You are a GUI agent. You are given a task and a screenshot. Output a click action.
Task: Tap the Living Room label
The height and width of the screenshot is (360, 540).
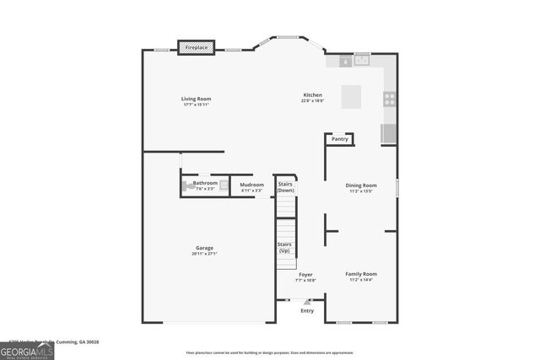[196, 99]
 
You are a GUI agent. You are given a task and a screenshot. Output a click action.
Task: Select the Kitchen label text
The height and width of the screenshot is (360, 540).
[313, 95]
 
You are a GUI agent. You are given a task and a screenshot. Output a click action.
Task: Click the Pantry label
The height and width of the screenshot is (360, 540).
[339, 139]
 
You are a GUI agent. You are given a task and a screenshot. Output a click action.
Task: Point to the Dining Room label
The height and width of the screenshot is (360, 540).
[361, 185]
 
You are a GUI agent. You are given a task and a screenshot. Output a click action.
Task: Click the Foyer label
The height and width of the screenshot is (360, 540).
[305, 274]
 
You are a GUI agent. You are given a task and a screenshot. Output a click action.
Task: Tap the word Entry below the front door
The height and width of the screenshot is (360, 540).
[307, 311]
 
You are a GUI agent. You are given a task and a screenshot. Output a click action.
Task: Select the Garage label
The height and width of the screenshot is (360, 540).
[205, 248]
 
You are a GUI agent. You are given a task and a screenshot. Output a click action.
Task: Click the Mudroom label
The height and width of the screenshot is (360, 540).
[251, 185]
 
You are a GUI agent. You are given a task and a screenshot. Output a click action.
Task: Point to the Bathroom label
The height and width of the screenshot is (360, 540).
[205, 183]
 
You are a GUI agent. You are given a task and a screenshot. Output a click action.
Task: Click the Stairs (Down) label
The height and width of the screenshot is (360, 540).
[286, 186]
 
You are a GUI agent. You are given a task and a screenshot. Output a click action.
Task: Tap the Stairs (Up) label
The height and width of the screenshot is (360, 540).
[284, 247]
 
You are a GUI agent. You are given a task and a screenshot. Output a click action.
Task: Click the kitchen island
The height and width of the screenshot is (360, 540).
[352, 96]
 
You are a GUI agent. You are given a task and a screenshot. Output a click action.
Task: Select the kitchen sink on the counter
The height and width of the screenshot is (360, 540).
[363, 60]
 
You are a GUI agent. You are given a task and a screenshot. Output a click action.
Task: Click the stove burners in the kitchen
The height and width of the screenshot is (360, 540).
[389, 98]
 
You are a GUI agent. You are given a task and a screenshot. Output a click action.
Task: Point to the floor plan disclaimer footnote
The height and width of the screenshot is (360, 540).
[270, 352]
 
